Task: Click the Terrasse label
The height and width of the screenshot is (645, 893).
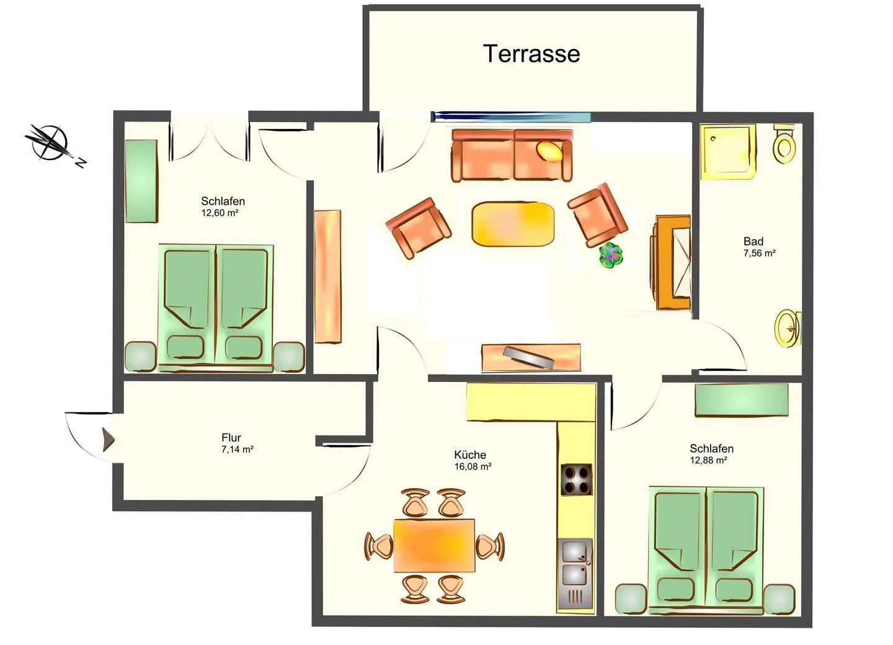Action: point(531,54)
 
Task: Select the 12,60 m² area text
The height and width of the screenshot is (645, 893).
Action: point(220,213)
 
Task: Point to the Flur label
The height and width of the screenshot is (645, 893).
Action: point(231,438)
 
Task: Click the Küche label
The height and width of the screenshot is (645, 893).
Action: point(470,455)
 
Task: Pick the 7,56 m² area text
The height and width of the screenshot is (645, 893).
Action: point(760,253)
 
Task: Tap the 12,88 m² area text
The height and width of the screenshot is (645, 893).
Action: point(708,460)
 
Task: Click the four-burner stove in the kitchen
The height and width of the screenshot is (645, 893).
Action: point(576,479)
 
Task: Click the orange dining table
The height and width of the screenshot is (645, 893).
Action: point(434,546)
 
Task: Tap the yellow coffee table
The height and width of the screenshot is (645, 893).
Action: point(513,224)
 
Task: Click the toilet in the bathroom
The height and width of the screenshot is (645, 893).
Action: point(784,144)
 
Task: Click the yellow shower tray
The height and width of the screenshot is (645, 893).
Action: point(728,152)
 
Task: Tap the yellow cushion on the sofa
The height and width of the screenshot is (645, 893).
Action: point(549,151)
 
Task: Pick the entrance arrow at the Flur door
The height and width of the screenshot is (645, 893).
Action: point(109,439)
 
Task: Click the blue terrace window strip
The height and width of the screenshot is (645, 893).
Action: point(512,117)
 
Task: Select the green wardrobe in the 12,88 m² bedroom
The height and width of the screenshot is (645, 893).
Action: point(742,400)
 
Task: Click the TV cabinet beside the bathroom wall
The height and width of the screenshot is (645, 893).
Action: point(672,262)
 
